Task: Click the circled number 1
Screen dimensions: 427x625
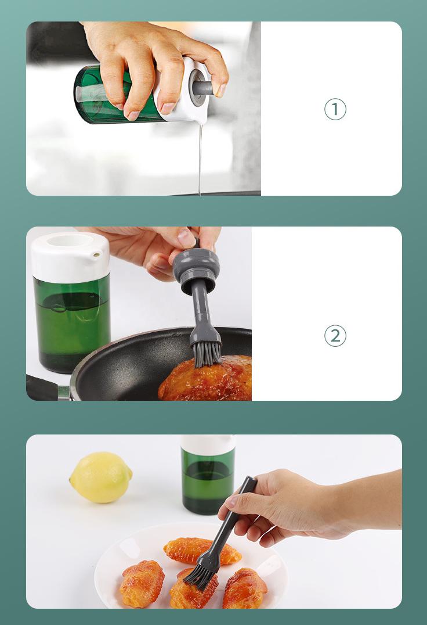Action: tap(335, 109)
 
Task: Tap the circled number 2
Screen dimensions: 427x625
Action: tap(335, 336)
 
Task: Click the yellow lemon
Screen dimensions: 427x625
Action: tap(101, 477)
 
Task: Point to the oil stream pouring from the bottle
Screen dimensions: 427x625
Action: tap(200, 159)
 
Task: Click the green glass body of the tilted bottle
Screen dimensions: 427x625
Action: tap(115, 96)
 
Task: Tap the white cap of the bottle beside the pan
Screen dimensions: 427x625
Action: tap(70, 257)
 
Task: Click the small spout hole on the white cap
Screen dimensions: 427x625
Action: tap(96, 253)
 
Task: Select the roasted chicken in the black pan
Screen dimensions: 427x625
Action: tap(205, 378)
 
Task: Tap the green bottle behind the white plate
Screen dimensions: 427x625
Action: tap(208, 475)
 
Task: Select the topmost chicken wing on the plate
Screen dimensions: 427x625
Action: tap(202, 551)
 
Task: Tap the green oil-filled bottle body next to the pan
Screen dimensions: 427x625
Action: tap(71, 323)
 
